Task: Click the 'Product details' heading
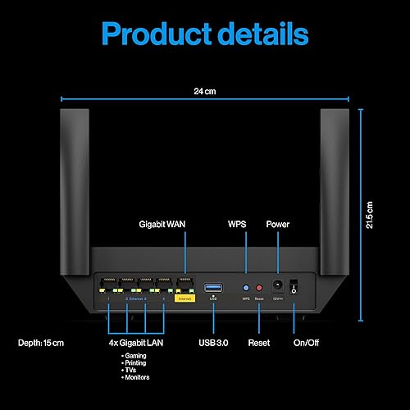pos(205,34)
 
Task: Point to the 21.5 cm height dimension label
pos(370,216)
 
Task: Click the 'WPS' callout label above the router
pos(236,224)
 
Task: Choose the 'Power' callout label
pos(278,224)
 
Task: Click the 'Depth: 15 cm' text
pos(41,341)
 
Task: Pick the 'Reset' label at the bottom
pos(260,341)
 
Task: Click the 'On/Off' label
pos(307,341)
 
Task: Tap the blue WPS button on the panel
pos(246,288)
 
